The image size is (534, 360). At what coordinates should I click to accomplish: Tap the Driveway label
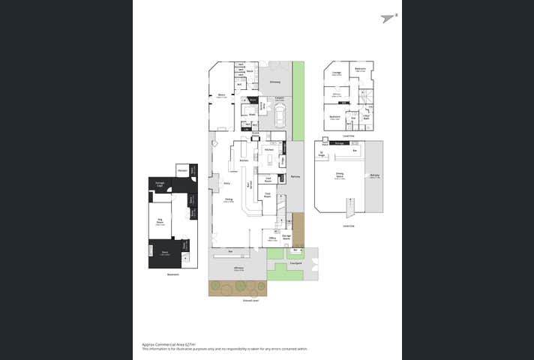(x=275, y=82)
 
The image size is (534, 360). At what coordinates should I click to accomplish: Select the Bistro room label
(x=221, y=95)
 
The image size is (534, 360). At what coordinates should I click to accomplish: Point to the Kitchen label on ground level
(x=268, y=150)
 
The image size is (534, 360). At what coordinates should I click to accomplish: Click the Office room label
(x=273, y=238)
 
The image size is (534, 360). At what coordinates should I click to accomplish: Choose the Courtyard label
(x=295, y=263)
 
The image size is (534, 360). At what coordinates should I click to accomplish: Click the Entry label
(x=226, y=183)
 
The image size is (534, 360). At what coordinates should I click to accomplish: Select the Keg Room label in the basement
(x=159, y=222)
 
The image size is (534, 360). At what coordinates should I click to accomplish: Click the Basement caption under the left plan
(x=173, y=274)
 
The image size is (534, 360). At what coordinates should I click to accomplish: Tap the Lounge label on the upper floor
(x=337, y=73)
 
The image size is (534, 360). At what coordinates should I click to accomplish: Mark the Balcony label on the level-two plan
(x=374, y=176)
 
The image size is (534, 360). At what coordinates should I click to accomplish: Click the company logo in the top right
(x=388, y=18)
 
